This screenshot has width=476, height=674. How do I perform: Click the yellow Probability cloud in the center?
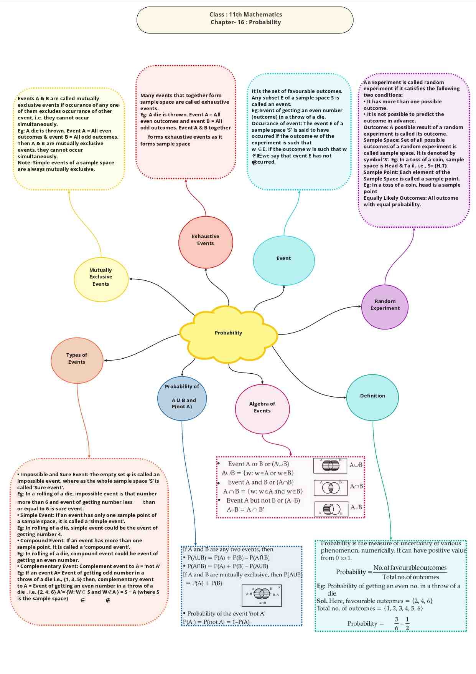[229, 333]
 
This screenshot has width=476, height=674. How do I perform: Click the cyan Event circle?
[284, 260]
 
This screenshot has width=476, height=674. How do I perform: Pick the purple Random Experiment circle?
[385, 306]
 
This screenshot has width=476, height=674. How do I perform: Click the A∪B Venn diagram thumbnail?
[330, 465]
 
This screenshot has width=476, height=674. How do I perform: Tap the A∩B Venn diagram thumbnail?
[331, 487]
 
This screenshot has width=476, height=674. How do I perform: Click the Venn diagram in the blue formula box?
[262, 595]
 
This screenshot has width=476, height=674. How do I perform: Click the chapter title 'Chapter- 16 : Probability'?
[245, 22]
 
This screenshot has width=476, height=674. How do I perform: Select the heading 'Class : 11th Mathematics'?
[245, 15]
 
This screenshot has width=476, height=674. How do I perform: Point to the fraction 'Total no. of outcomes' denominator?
[410, 577]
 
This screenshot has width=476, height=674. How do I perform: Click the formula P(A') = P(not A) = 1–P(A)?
[216, 622]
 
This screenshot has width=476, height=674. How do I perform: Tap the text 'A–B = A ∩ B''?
[245, 510]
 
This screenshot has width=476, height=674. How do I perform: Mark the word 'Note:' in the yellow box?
[25, 163]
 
